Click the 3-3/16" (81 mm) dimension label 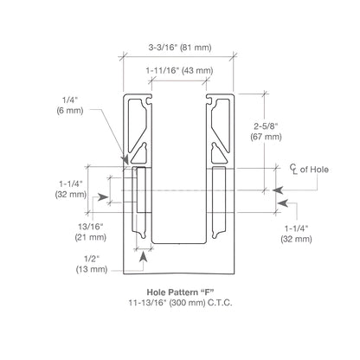coord(180,48)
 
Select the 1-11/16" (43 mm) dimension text coord(179,71)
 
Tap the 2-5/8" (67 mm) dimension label coord(266,132)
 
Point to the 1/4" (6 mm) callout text coord(70,106)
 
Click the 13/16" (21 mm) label coord(91,232)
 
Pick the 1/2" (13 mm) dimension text coord(92,264)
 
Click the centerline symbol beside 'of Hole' coord(293,170)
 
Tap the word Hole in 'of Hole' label coord(318,170)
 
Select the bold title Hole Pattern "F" coord(180,292)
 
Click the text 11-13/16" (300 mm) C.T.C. coord(180,303)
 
